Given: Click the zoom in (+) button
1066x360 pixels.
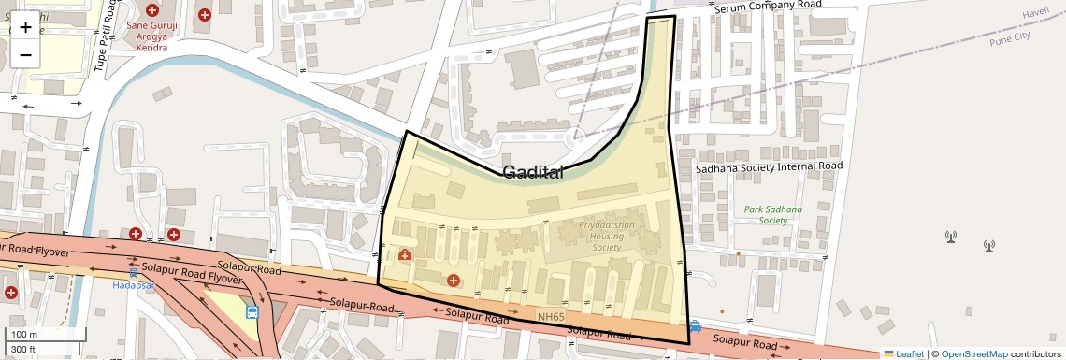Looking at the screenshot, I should [x=25, y=27].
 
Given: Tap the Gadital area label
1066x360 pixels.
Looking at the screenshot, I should [x=533, y=172].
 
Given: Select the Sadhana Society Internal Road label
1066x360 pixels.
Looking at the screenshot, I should [x=769, y=166].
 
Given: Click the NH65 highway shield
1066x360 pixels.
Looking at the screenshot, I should [x=551, y=318].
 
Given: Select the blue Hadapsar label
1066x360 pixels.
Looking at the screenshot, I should [x=133, y=284].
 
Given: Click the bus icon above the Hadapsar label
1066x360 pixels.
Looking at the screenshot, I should [x=134, y=272].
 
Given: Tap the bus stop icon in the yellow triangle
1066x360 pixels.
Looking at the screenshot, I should [x=252, y=312].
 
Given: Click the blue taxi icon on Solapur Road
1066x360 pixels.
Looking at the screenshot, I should [x=695, y=326].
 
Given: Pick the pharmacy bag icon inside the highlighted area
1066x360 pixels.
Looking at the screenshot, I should [x=405, y=254].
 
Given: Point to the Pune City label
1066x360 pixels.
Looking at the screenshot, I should [x=1009, y=36].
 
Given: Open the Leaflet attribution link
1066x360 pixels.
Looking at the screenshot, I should [x=903, y=353].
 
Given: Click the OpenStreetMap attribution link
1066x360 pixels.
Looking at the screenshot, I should [x=973, y=353].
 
